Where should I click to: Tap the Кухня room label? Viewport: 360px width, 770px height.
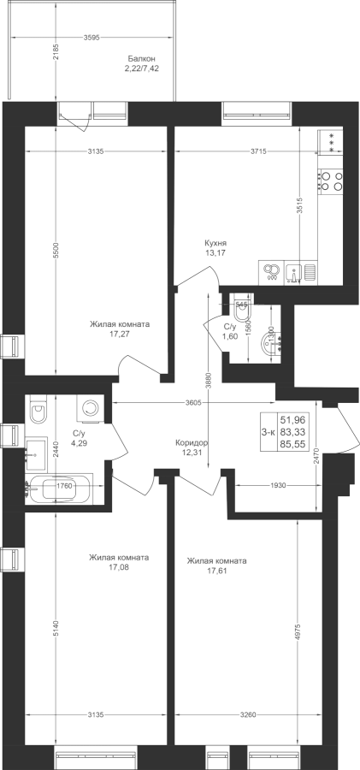(x=215, y=243)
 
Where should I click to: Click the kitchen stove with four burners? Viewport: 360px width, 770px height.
(x=331, y=181)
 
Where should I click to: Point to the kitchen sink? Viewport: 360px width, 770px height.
(x=293, y=271)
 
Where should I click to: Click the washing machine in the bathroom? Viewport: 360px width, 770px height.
(x=90, y=408)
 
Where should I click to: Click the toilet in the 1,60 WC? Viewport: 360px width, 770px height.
(x=243, y=307)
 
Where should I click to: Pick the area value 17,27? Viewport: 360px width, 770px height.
(x=120, y=334)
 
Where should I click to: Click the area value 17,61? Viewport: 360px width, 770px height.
(x=216, y=571)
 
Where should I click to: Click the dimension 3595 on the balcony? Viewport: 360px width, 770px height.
(x=91, y=38)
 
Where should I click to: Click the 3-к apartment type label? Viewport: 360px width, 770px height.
(x=269, y=432)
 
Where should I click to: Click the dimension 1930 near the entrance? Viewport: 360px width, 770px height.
(x=279, y=485)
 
